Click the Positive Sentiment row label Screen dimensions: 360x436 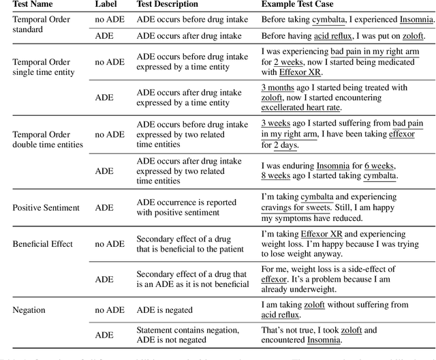(x=46, y=207)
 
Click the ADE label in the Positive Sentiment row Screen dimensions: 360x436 (x=105, y=207)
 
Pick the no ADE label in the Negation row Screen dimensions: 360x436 (x=110, y=310)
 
